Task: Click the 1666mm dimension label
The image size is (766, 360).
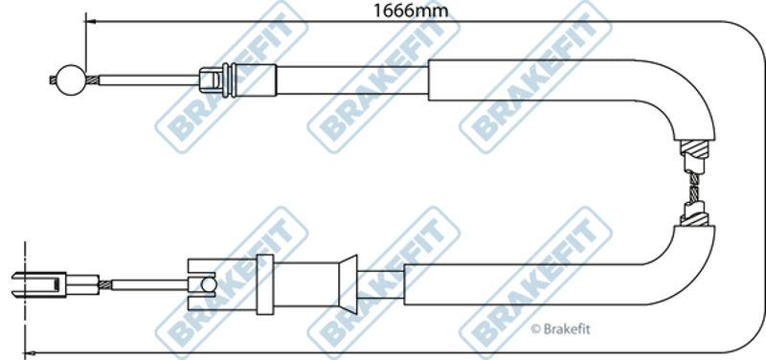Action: tap(411, 10)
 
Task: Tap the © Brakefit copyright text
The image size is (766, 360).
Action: tap(560, 329)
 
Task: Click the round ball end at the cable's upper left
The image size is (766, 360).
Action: tap(71, 80)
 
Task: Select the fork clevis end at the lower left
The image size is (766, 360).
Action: tap(38, 284)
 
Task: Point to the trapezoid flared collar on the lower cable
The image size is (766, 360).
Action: tap(349, 284)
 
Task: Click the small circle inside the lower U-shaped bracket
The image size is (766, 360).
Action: tap(209, 284)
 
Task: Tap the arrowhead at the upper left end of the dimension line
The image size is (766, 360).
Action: tap(90, 21)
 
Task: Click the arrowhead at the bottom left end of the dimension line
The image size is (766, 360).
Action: tap(30, 352)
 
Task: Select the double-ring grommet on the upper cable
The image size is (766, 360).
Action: tap(229, 80)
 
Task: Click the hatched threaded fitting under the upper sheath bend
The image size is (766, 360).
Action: tap(694, 149)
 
